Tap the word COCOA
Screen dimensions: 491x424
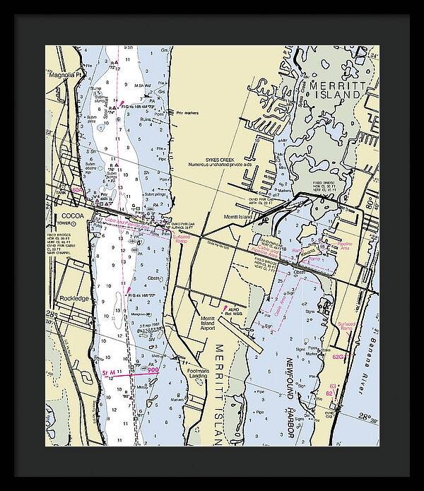[x=72, y=215]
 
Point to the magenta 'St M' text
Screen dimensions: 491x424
[x=110, y=372]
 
